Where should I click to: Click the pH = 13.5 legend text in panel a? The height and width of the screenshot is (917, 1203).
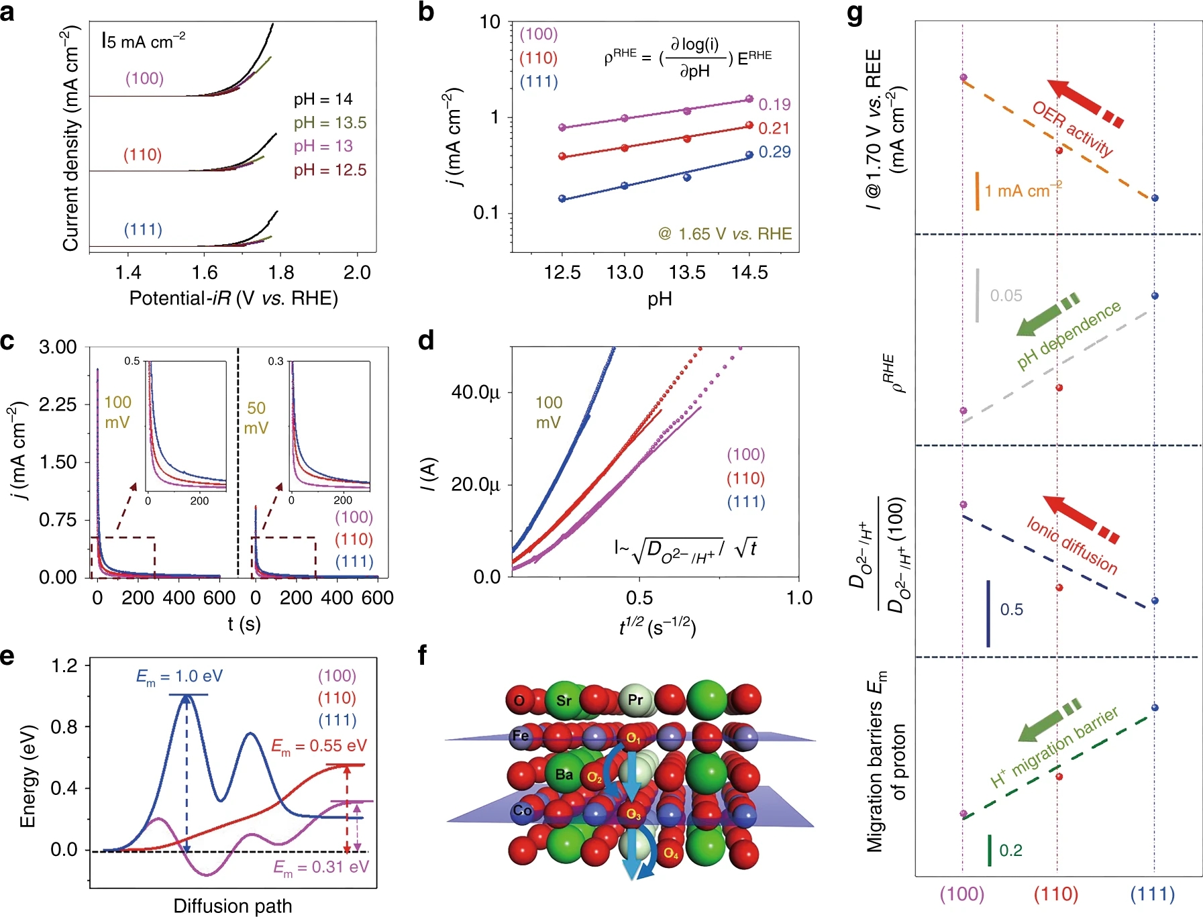point(329,123)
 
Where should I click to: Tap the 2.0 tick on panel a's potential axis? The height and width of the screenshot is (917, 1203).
point(357,272)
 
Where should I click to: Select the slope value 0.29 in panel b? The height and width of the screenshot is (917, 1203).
point(774,152)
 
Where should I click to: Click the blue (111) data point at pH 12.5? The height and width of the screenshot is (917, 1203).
point(562,199)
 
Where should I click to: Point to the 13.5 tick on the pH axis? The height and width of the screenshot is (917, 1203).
point(687,272)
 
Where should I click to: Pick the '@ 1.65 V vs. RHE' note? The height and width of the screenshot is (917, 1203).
point(725,234)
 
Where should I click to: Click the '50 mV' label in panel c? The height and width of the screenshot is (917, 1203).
point(256,418)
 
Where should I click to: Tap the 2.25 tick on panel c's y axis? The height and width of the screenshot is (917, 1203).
point(58,404)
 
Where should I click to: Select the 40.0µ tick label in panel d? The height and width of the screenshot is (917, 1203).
point(475,392)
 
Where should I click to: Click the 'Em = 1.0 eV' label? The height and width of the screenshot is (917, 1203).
point(179,676)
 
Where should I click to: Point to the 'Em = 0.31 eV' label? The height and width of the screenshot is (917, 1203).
point(321,867)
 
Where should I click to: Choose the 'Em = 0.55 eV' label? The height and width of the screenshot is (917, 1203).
point(319,746)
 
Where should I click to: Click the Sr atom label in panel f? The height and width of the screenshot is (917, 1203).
point(564,700)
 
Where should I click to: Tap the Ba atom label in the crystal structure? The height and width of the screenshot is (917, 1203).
point(564,774)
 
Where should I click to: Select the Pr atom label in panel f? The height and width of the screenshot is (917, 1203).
point(635,700)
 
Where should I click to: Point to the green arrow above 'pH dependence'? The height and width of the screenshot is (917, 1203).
point(1047,316)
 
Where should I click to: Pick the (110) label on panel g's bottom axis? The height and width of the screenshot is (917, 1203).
point(1056,894)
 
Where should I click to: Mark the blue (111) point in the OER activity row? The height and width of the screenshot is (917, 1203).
point(1155,198)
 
